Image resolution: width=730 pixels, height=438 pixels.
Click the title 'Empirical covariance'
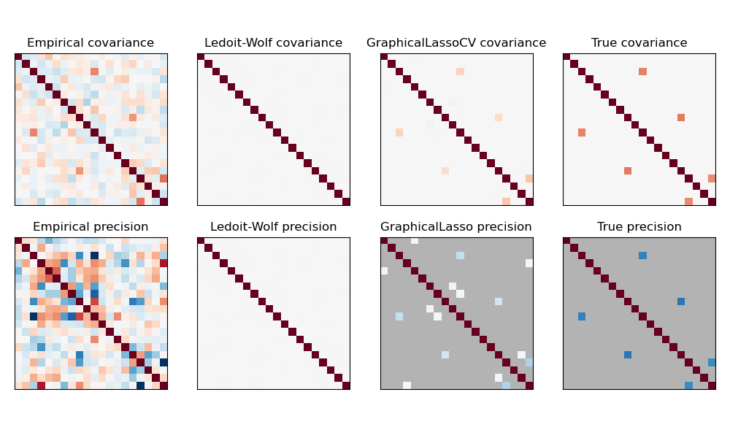tap(91, 43)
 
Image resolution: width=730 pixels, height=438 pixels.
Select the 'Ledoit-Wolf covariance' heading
tap(273, 43)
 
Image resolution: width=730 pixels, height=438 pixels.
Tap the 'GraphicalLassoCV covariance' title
tap(456, 43)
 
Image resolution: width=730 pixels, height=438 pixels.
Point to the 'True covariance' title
tap(639, 43)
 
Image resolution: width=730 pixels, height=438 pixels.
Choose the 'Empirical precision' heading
tap(91, 227)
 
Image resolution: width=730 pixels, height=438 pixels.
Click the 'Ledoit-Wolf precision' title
tap(273, 227)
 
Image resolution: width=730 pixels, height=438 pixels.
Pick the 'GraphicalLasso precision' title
tap(456, 227)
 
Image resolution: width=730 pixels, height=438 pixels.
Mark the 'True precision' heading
tap(639, 227)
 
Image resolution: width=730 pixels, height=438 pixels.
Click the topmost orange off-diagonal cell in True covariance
tap(642, 72)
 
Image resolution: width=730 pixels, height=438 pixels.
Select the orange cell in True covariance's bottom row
tap(688, 201)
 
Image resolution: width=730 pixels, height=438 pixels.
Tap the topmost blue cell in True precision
tap(642, 255)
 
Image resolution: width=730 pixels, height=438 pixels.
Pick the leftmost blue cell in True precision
tap(582, 316)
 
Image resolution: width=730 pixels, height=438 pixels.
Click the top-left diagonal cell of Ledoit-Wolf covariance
tap(201, 57)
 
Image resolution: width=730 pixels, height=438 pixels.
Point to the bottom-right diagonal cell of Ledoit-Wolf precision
tap(346, 385)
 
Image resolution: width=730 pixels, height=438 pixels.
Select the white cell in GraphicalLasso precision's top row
tap(415, 241)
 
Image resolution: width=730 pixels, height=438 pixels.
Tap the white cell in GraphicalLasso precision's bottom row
tap(407, 385)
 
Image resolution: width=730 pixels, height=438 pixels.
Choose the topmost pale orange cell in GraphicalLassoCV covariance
tap(460, 72)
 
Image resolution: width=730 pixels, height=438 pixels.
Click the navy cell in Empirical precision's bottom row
tap(140, 385)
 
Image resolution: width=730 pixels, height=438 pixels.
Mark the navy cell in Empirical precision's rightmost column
tap(164, 362)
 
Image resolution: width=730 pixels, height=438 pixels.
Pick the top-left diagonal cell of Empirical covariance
tap(18, 57)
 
